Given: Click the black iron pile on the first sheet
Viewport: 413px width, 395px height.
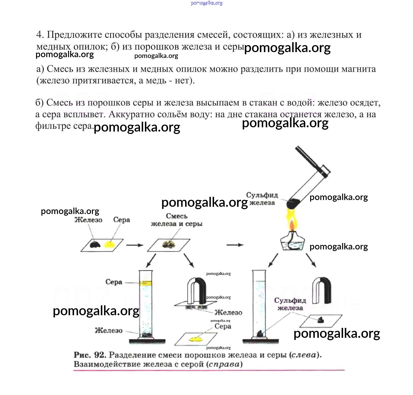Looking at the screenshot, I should click(95, 244).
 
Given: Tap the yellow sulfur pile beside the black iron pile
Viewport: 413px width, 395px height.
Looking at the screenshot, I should click(109, 244).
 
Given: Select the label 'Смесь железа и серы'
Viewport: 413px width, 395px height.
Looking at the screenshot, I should click(177, 220).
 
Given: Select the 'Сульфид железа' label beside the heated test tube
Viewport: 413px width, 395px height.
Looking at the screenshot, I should click(262, 199).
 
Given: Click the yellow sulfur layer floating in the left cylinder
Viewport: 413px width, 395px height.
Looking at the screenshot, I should click(146, 283).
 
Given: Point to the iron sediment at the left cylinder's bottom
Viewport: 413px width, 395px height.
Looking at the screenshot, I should click(146, 335).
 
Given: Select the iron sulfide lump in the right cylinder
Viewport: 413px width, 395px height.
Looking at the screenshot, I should click(260, 334).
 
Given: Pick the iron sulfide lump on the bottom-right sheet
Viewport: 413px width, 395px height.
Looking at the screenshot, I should click(321, 320).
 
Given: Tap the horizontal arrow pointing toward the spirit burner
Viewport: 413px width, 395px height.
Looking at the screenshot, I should click(235, 245).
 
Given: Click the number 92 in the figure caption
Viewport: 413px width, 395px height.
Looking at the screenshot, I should click(100, 355).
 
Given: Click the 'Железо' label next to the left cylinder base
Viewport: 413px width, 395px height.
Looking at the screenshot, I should click(109, 330).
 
